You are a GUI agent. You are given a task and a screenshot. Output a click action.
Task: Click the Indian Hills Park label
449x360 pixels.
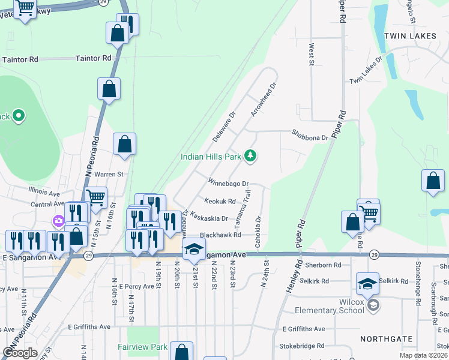pos(211,157)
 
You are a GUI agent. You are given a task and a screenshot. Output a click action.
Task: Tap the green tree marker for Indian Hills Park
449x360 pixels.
pos(250,157)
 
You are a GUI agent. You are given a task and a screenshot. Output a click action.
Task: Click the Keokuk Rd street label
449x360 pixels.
pos(220,202)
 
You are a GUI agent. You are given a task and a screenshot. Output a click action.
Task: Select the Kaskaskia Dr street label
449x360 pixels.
pos(209,219)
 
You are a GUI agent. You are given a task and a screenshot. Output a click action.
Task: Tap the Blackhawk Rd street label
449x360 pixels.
pos(220,235)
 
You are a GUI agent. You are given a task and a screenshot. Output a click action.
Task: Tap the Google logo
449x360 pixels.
pos(20,353)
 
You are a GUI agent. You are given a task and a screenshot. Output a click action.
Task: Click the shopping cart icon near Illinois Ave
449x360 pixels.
pos(96,197)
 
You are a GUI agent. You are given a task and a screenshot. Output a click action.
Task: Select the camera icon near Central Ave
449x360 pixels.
pos(59,221)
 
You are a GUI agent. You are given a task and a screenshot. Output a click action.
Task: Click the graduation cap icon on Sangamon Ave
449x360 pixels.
pos(194,248)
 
